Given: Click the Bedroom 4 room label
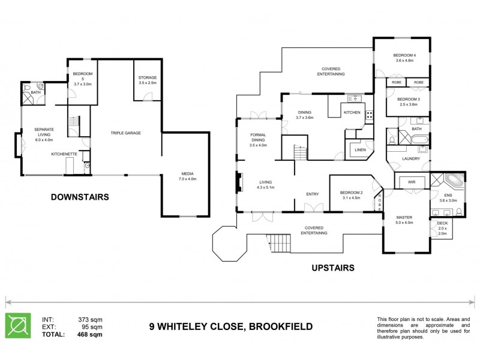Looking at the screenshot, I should [x=405, y=55].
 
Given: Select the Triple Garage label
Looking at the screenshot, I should [x=125, y=133].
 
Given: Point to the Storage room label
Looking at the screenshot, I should [x=147, y=77].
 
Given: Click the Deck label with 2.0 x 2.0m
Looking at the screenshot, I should [x=442, y=223].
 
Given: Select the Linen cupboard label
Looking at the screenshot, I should [x=360, y=149].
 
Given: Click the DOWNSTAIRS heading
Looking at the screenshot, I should [x=79, y=196].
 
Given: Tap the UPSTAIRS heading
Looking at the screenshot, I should [x=333, y=268].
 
